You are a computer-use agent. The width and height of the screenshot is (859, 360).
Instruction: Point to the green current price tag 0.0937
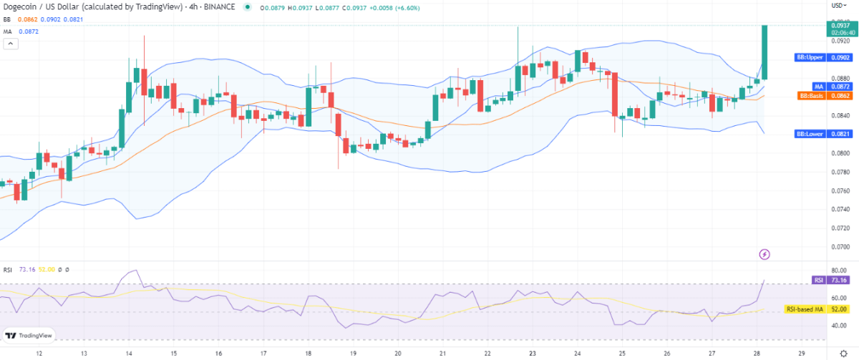[838, 26]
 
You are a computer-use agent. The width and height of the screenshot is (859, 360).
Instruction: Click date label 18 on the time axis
[308, 353]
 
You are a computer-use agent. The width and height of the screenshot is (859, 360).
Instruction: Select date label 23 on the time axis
[532, 353]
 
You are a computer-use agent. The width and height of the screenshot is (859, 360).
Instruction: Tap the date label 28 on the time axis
[757, 353]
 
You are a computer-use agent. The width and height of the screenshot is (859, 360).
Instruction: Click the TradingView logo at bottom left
[28, 335]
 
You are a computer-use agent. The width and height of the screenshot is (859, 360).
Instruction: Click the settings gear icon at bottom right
[843, 353]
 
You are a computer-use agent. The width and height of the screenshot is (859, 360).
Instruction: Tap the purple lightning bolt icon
[764, 253]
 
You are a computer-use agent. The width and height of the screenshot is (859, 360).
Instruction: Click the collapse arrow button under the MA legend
[11, 44]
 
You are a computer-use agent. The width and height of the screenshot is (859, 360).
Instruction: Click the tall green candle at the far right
[765, 52]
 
